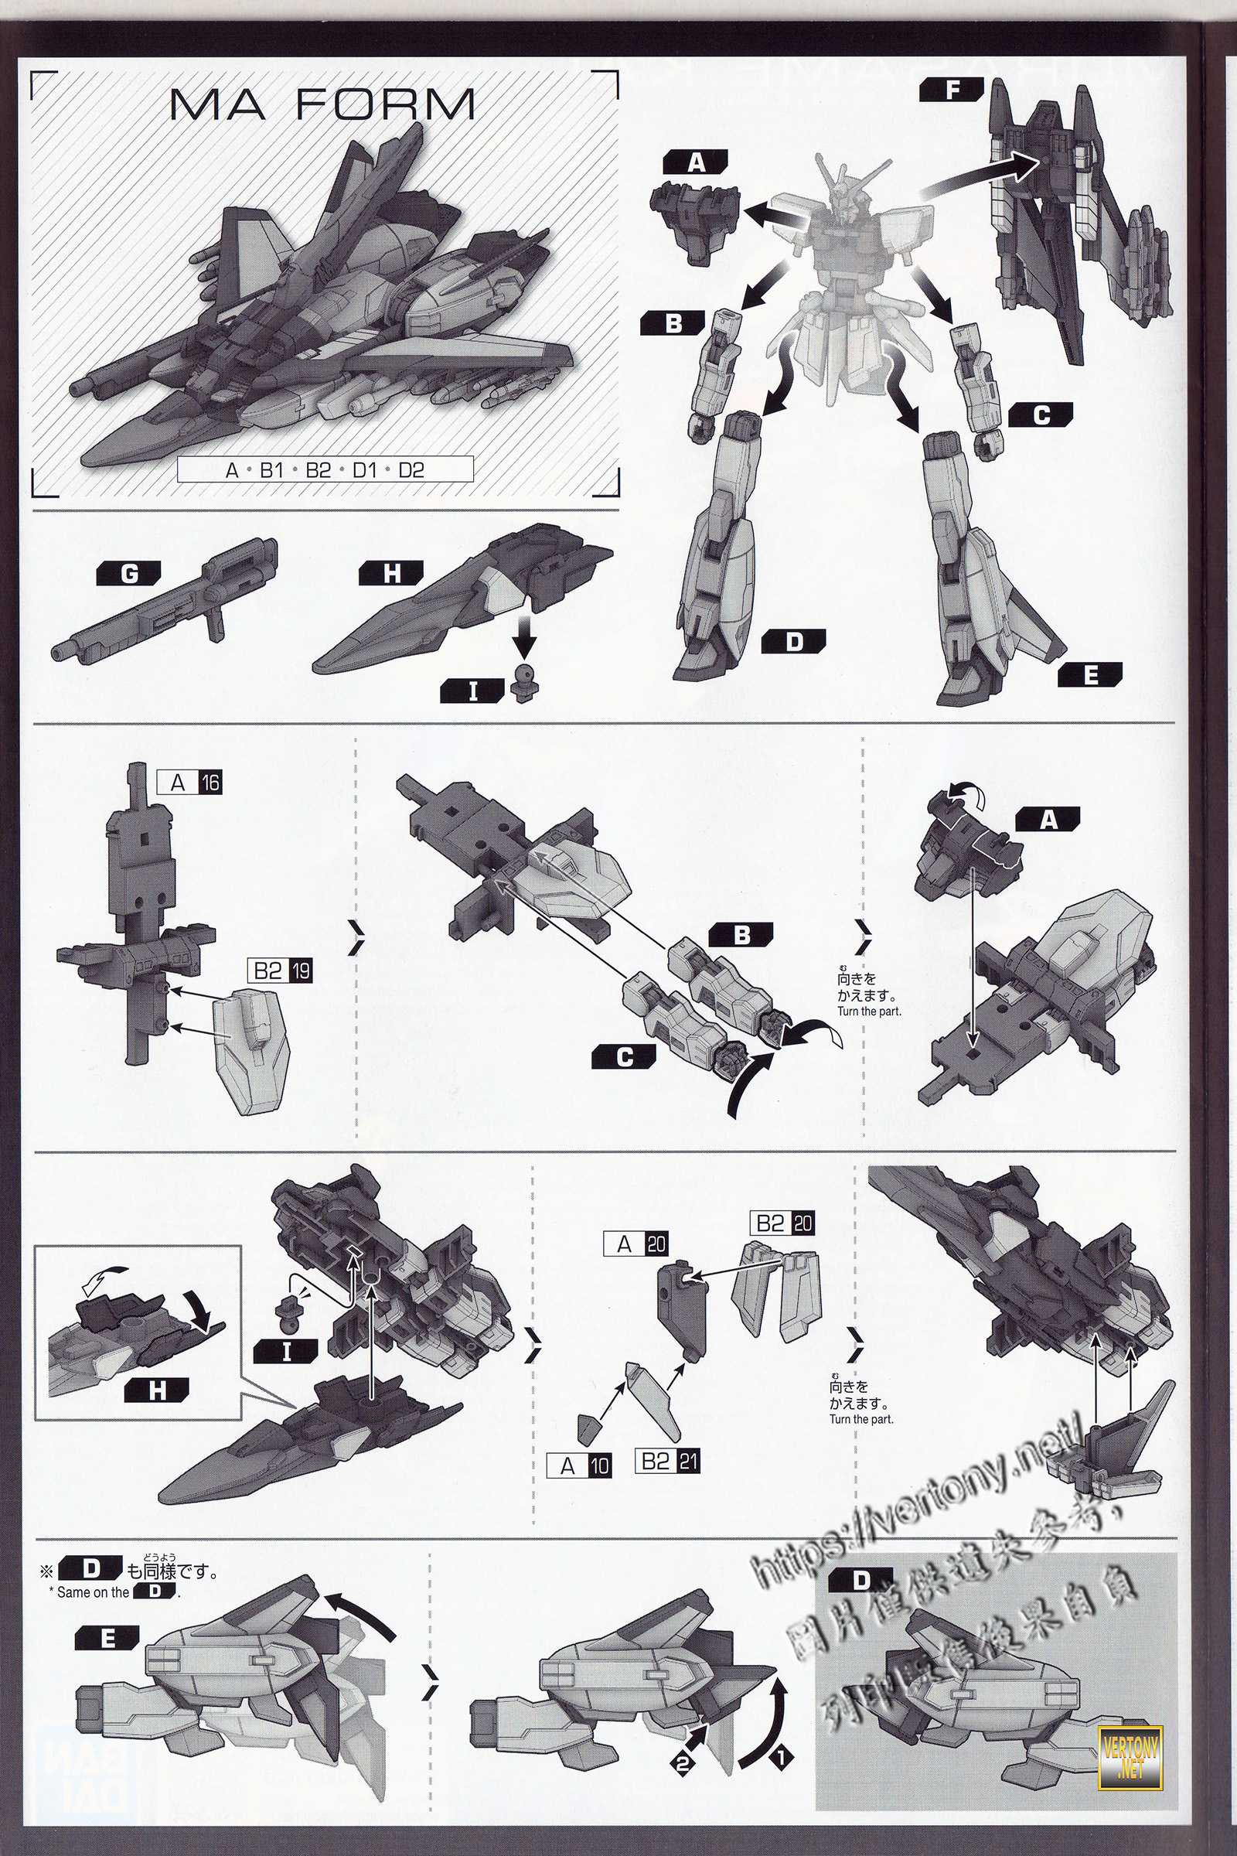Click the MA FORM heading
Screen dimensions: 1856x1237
[322, 104]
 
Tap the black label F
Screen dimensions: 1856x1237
[952, 91]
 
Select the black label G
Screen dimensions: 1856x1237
[128, 574]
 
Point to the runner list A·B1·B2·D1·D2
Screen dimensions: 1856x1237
[324, 470]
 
